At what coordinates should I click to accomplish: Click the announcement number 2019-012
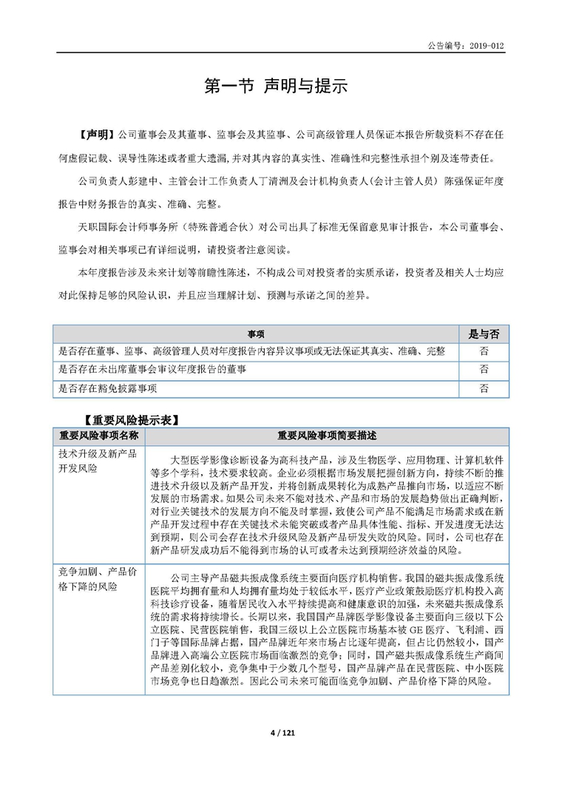pyautogui.click(x=487, y=45)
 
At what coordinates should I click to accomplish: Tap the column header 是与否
pyautogui.click(x=484, y=334)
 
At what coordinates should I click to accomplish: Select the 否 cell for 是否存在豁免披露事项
pyautogui.click(x=484, y=388)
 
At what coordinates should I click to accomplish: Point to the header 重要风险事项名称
pyautogui.click(x=99, y=436)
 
